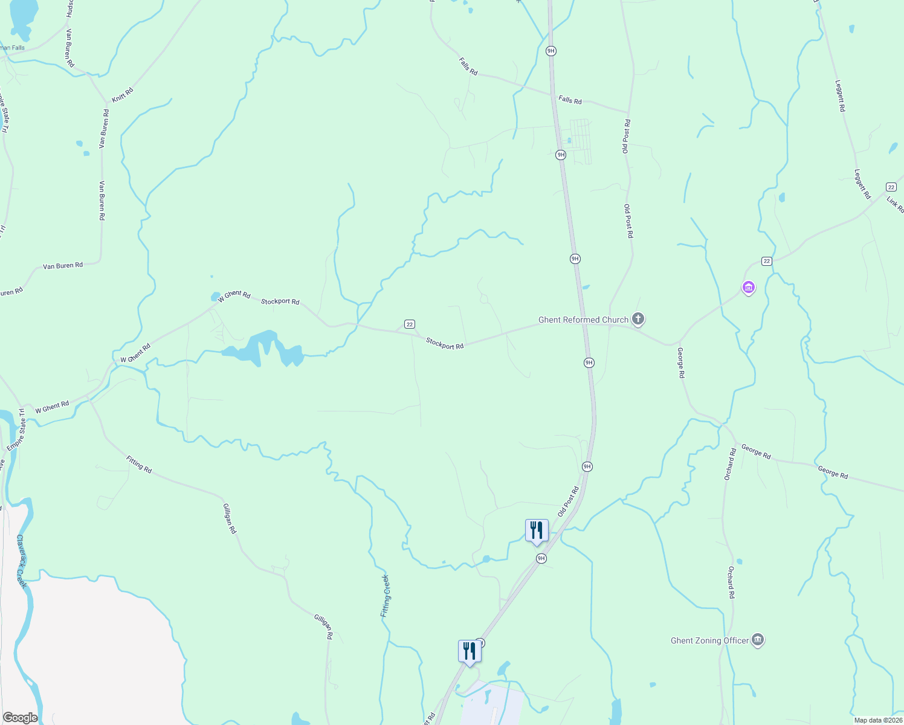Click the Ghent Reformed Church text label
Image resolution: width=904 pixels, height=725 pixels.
[x=583, y=320]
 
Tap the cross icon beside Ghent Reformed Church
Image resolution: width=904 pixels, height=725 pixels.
[x=638, y=318]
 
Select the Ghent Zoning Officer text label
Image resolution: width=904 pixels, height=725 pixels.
[x=709, y=640]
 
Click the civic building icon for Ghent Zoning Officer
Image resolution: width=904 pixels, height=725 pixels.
[x=758, y=640]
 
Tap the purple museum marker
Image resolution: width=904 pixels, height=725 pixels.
[x=749, y=288]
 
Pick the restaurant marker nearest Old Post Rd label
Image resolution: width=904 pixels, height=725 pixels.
[x=537, y=531]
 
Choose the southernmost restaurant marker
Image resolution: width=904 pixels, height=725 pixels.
[x=470, y=652]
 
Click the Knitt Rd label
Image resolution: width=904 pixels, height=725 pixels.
[x=123, y=95]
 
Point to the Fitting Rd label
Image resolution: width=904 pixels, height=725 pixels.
[x=139, y=464]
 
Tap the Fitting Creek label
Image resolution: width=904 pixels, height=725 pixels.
[x=385, y=596]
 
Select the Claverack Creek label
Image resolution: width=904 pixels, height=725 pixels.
[x=22, y=561]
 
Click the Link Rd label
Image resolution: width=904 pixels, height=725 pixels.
[x=895, y=204]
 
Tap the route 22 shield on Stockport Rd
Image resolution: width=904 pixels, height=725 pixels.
[x=410, y=324]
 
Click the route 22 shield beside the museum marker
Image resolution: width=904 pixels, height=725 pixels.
[x=767, y=261]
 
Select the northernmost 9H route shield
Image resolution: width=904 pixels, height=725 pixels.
[x=550, y=51]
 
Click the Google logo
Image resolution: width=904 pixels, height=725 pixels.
[x=20, y=718]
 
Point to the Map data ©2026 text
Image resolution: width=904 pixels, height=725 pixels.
[x=877, y=720]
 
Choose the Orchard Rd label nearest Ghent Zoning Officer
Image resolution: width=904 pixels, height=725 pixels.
[x=731, y=582]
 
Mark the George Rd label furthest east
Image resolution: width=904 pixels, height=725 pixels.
[x=833, y=472]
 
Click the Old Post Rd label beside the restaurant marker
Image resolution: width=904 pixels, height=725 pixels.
[x=568, y=501]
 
